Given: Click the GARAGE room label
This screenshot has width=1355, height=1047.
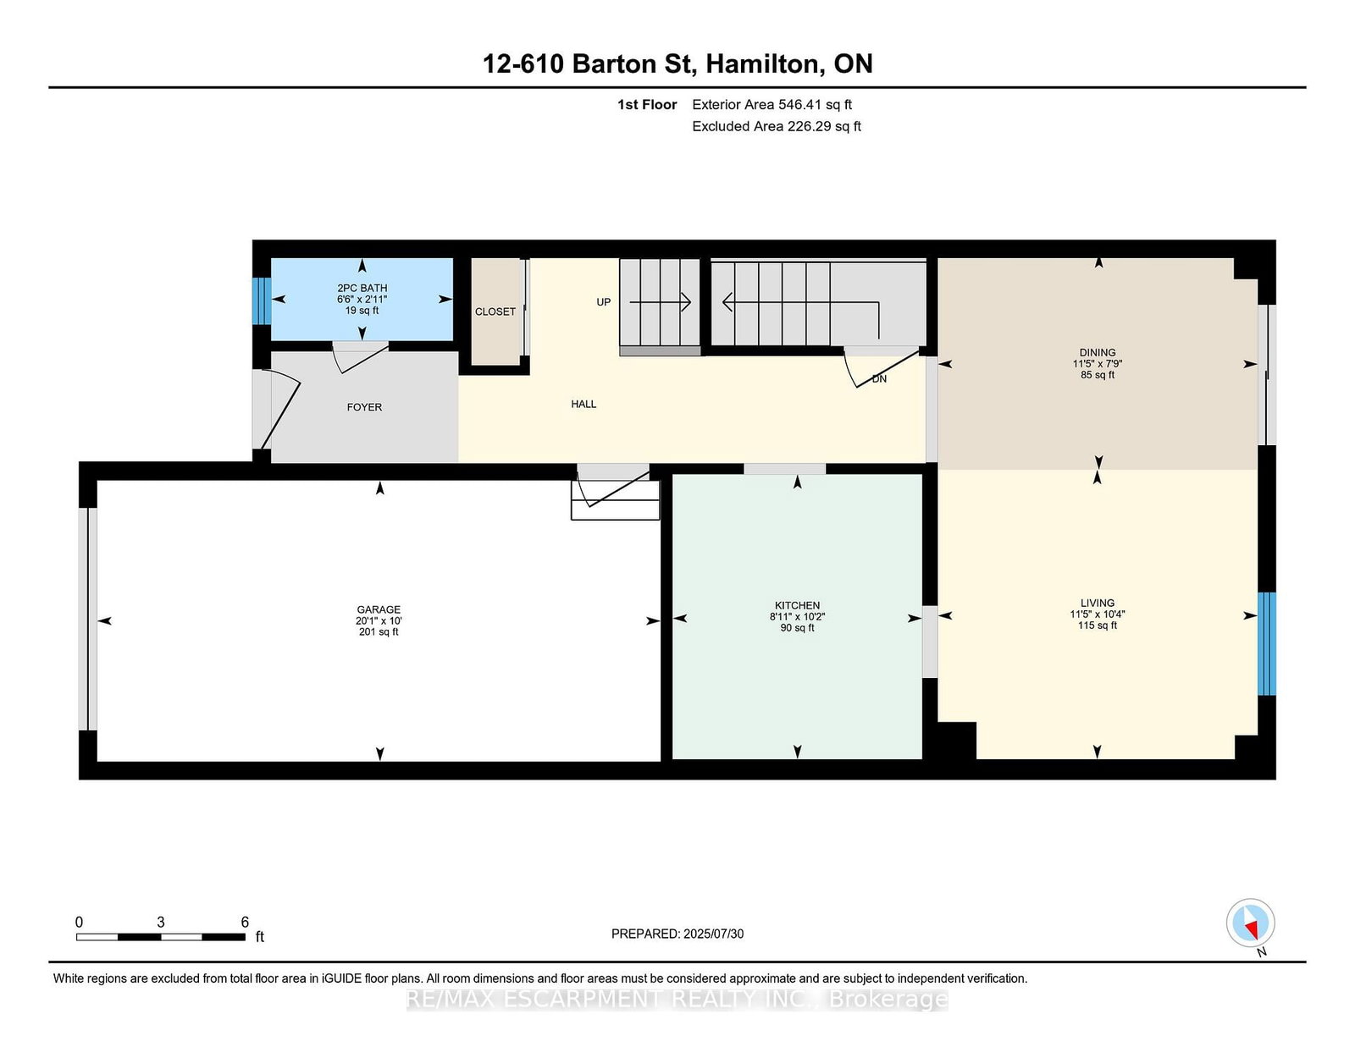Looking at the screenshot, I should [x=379, y=609].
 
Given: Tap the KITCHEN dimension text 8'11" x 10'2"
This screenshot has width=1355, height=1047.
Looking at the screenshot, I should [x=797, y=617].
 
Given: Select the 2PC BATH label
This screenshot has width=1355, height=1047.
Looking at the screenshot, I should [x=362, y=288].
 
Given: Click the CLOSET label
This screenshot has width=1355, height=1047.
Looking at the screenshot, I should [x=495, y=311].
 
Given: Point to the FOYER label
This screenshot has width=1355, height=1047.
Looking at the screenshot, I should [x=364, y=407].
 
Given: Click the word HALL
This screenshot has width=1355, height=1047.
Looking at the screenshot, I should [x=583, y=404].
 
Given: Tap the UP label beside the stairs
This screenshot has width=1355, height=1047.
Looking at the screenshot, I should [x=603, y=302].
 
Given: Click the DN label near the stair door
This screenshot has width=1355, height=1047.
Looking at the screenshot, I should [x=879, y=378].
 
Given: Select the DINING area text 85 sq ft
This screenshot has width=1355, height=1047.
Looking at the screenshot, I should [x=1098, y=375].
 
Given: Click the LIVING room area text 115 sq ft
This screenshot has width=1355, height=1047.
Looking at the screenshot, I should [x=1098, y=625].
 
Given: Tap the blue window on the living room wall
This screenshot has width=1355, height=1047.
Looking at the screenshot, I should [x=1266, y=643].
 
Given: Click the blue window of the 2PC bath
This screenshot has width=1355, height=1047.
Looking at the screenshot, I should [x=262, y=300].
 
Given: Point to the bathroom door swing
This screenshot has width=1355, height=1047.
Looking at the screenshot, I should [x=359, y=356].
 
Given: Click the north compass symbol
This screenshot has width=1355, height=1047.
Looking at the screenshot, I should [x=1250, y=923].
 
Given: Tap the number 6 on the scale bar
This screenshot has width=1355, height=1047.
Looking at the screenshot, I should [x=245, y=922].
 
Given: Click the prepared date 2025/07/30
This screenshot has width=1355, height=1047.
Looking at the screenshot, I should [x=713, y=934].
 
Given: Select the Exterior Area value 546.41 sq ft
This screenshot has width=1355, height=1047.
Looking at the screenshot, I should [x=815, y=105].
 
